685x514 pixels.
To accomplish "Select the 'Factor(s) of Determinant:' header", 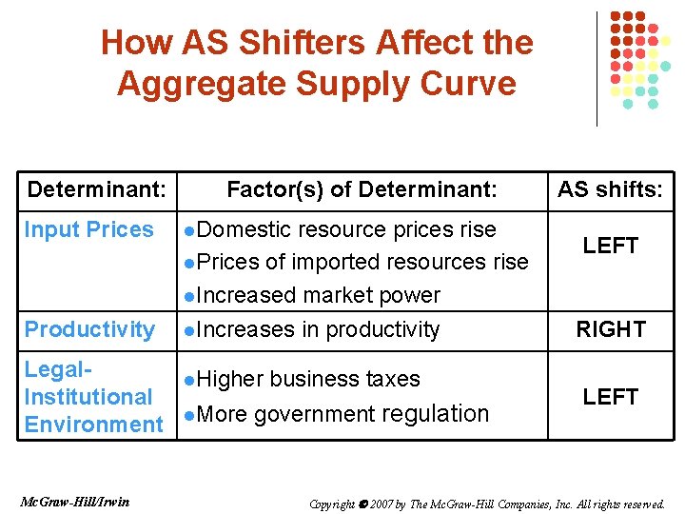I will (362, 189).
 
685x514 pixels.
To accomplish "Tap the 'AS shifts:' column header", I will (610, 189).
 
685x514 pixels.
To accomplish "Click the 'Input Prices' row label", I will (88, 229).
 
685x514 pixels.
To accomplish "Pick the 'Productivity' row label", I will (89, 329).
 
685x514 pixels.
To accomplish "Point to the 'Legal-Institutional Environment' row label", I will (93, 397).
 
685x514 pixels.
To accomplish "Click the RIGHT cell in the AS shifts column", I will (611, 329).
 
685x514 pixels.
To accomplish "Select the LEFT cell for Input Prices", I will (611, 246).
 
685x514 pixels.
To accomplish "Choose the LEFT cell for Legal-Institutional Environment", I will (611, 397).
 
